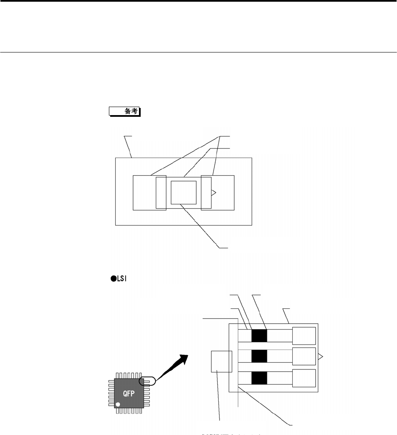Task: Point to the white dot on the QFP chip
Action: pyautogui.click(x=118, y=405)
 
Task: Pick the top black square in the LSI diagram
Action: pyautogui.click(x=259, y=336)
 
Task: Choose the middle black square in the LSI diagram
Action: pyautogui.click(x=259, y=356)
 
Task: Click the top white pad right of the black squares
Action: pyautogui.click(x=304, y=336)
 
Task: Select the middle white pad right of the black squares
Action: pyautogui.click(x=304, y=356)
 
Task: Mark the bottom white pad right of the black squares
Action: pyautogui.click(x=304, y=377)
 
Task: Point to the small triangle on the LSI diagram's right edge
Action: pyautogui.click(x=321, y=357)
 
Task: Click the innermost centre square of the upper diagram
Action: pyautogui.click(x=183, y=193)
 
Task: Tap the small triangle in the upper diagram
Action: pyautogui.click(x=214, y=193)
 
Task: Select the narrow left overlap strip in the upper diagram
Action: pyautogui.click(x=161, y=193)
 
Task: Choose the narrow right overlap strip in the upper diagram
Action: pyautogui.click(x=206, y=193)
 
